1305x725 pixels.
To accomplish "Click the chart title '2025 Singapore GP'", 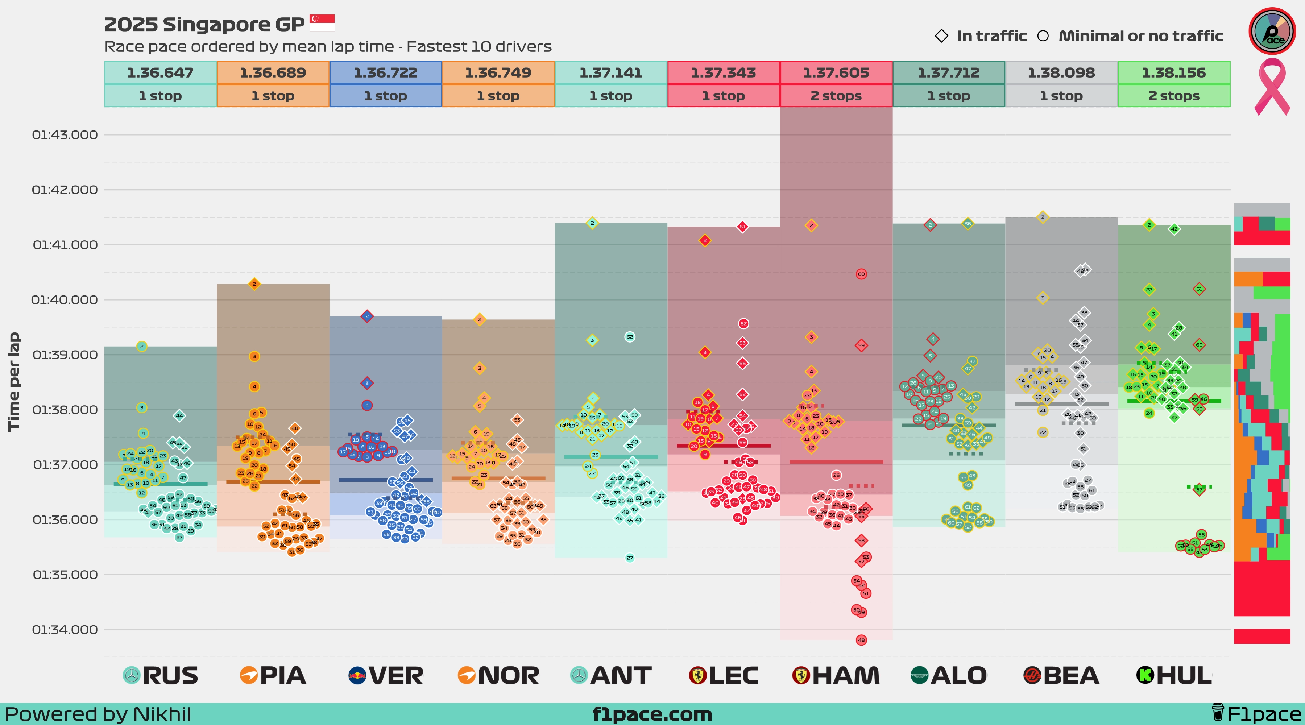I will pyautogui.click(x=204, y=24).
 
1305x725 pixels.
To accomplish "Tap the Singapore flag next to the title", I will pyautogui.click(x=322, y=23).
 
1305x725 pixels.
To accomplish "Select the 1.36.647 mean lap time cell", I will pyautogui.click(x=160, y=72).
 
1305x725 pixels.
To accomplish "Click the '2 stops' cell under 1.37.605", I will pyautogui.click(x=836, y=96).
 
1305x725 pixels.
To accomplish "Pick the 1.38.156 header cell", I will pyautogui.click(x=1174, y=72).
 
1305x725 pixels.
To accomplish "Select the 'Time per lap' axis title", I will pyautogui.click(x=14, y=382).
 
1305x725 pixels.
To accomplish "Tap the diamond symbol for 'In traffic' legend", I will pyautogui.click(x=941, y=36).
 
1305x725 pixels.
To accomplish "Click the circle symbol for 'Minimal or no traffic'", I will pyautogui.click(x=1043, y=36).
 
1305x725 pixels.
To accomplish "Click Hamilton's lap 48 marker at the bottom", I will pyautogui.click(x=861, y=640).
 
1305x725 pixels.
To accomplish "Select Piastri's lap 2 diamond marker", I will pyautogui.click(x=254, y=284).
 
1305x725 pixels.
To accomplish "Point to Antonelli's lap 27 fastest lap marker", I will pyautogui.click(x=630, y=558).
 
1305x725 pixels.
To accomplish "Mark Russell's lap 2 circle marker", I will pyautogui.click(x=142, y=346).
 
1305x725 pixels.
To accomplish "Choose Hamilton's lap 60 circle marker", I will pyautogui.click(x=861, y=274).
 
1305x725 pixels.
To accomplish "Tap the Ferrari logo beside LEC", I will pyautogui.click(x=697, y=675).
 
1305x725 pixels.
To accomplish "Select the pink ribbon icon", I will pyautogui.click(x=1272, y=86).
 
